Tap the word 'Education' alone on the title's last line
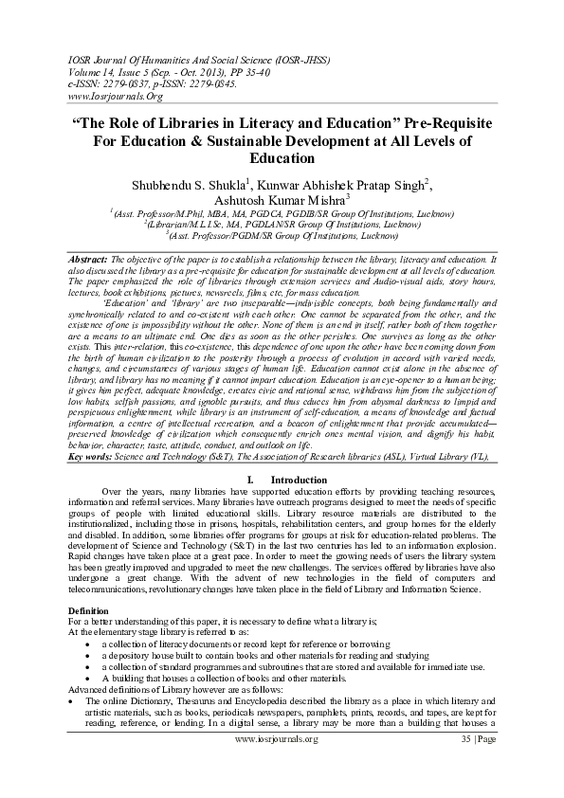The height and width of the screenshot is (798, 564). click(282, 158)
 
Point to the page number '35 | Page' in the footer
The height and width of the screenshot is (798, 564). click(474, 765)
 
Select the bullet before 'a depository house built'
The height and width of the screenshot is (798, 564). click(86, 656)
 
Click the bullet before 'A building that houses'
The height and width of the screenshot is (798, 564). click(86, 679)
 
